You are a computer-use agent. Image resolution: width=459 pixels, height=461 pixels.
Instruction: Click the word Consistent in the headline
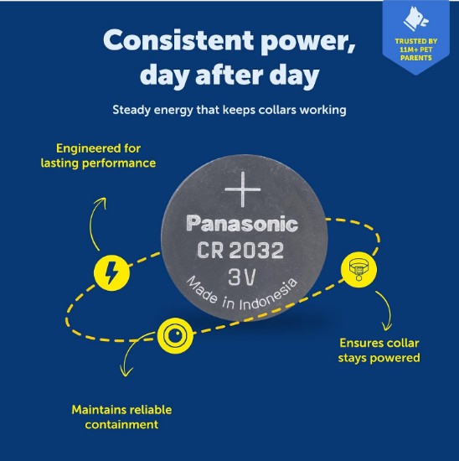pyautogui.click(x=178, y=40)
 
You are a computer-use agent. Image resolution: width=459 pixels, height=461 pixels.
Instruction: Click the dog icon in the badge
pyautogui.click(x=415, y=19)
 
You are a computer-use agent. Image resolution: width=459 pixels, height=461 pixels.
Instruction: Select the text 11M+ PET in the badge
pyautogui.click(x=415, y=49)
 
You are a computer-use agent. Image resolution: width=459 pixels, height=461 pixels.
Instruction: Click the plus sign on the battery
pyautogui.click(x=242, y=189)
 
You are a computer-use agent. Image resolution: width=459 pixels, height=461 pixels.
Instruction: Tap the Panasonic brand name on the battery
pyautogui.click(x=242, y=224)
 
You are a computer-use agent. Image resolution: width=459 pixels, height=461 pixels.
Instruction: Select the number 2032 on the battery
pyautogui.click(x=256, y=251)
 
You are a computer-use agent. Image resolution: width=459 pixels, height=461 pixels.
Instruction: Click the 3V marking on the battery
pyautogui.click(x=242, y=277)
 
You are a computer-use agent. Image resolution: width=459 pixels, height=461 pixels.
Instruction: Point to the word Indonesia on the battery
pyautogui.click(x=269, y=296)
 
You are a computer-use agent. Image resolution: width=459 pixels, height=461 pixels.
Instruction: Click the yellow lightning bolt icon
pyautogui.click(x=111, y=273)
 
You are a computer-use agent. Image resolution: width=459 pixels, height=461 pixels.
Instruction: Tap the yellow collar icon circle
pyautogui.click(x=358, y=269)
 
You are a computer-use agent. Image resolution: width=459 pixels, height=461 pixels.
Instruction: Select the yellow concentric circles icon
pyautogui.click(x=175, y=335)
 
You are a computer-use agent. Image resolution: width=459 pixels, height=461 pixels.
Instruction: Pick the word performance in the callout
pyautogui.click(x=119, y=163)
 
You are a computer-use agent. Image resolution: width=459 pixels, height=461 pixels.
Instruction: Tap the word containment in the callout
pyautogui.click(x=121, y=425)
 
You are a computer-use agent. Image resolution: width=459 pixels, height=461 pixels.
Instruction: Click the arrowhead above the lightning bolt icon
pyautogui.click(x=102, y=202)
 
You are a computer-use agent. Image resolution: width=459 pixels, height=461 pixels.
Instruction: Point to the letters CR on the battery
pyautogui.click(x=210, y=251)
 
